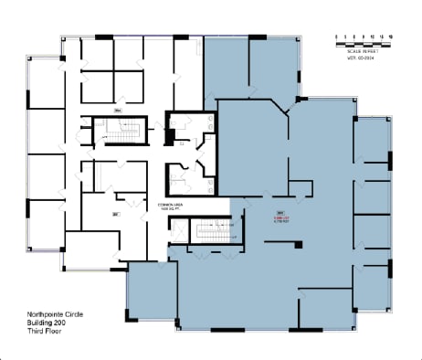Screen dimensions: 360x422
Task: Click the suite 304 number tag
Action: coord(118,112)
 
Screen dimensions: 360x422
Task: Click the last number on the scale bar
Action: coord(391,37)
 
